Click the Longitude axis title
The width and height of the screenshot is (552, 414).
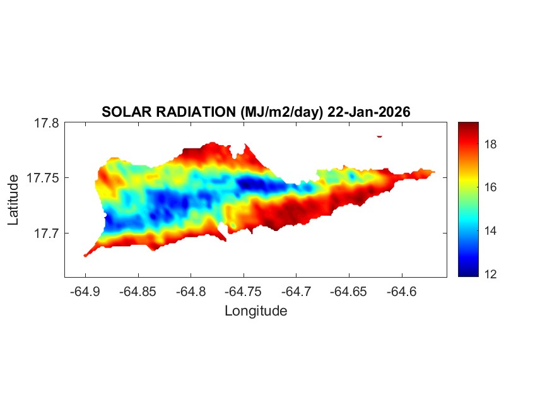(x=255, y=310)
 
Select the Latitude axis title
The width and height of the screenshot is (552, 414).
(x=13, y=200)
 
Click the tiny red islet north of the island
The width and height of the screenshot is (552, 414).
(x=379, y=136)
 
